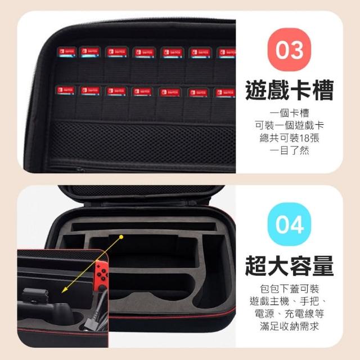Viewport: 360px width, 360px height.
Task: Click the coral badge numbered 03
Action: click(x=289, y=49)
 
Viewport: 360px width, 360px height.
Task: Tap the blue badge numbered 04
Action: click(x=289, y=224)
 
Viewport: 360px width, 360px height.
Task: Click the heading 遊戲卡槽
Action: click(x=289, y=90)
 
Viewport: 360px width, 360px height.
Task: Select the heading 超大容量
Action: click(x=289, y=265)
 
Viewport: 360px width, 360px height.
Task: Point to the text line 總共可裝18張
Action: click(x=289, y=138)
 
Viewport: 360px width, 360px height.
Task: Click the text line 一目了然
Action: click(x=289, y=151)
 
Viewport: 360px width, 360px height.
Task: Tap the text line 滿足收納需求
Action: click(x=289, y=326)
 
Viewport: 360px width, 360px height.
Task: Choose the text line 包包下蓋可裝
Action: click(x=289, y=289)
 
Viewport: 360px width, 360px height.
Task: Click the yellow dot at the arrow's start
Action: click(x=121, y=237)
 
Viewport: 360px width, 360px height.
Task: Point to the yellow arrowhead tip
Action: click(x=62, y=293)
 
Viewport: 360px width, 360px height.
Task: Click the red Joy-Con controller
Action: click(x=101, y=276)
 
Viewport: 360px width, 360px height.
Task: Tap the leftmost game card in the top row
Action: click(x=66, y=52)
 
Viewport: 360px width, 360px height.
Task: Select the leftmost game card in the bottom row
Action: click(x=66, y=90)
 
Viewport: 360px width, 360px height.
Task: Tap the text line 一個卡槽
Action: click(x=289, y=113)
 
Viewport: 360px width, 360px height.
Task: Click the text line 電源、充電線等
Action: click(x=289, y=314)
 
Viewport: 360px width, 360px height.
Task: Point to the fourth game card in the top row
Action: click(x=144, y=53)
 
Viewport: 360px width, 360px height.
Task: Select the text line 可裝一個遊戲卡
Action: click(x=289, y=125)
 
